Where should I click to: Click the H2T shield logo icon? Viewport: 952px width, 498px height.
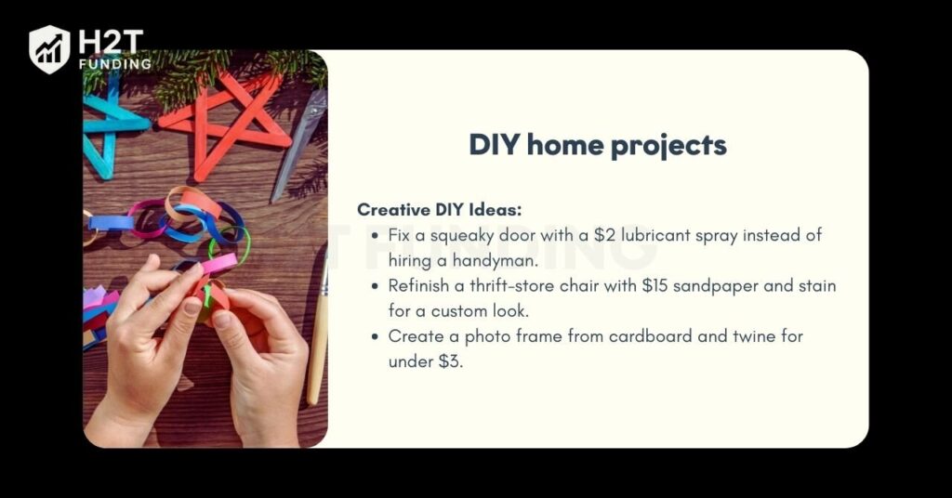(x=49, y=49)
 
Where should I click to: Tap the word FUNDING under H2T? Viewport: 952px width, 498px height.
(x=114, y=64)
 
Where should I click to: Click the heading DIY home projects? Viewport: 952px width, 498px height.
(x=598, y=145)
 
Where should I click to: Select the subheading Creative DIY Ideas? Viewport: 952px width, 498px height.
(x=439, y=209)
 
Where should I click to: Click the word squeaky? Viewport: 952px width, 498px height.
(x=461, y=236)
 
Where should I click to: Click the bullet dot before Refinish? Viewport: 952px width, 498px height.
(x=376, y=286)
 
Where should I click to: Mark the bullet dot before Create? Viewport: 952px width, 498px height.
(x=376, y=336)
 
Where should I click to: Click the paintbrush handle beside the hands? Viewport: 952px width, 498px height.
(x=318, y=340)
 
